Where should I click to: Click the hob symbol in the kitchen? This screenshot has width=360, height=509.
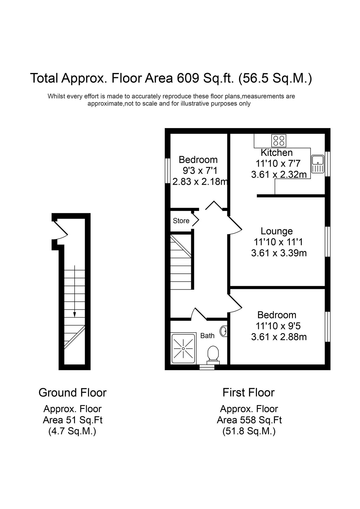point(279,141)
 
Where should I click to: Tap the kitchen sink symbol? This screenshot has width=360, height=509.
point(318,164)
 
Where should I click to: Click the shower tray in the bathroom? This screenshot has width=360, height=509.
point(183,348)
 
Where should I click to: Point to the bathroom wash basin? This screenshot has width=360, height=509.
point(223,331)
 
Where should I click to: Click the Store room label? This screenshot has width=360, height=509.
point(181,221)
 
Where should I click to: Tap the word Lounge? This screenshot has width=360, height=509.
point(277,231)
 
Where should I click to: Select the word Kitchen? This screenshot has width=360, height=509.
point(277,153)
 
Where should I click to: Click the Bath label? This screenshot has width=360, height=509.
point(207,336)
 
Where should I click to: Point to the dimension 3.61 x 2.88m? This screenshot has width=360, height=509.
point(279,337)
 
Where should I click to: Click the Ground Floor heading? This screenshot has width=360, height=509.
point(72,392)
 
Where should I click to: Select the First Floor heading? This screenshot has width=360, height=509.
point(248,392)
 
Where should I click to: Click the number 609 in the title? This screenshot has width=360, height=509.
point(187,78)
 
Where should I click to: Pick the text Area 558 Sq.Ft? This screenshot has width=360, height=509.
point(249,420)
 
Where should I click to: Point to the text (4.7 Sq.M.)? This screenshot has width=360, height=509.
point(72,431)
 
